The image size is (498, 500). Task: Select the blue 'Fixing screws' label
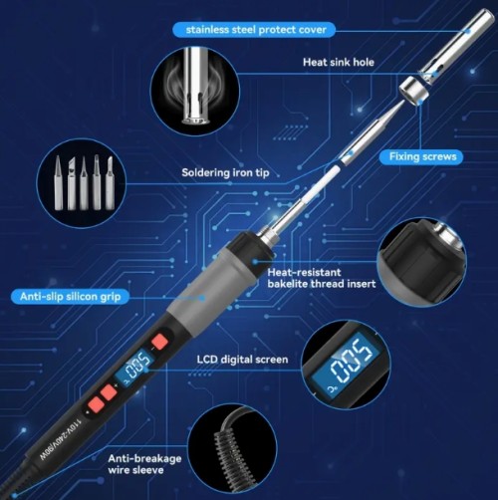click(423, 156)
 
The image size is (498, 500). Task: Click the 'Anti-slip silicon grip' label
click(70, 296)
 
